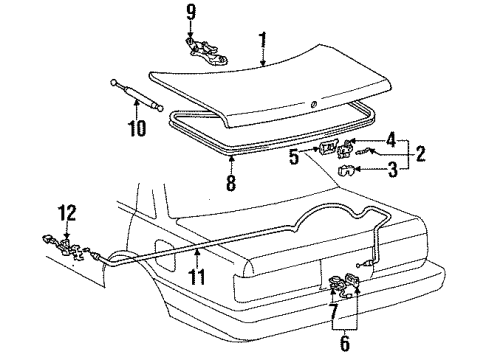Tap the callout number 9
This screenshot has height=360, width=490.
pos(191,13)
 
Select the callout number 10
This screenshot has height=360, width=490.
pos(137,128)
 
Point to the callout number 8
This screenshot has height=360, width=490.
pos(231,182)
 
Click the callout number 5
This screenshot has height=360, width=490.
pos(294,156)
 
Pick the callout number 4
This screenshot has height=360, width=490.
pos(391,140)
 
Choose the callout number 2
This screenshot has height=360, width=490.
pos(420,153)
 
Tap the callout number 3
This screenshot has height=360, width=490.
pos(393,170)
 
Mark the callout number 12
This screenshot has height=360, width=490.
pos(68,213)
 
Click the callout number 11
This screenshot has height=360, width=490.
pos(197,276)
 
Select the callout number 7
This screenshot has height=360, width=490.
pos(334,312)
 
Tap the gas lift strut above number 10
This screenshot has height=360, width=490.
pos(137,95)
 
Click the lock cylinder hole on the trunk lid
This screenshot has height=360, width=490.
pos(313,105)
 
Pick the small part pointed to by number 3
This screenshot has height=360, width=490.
pos(346,170)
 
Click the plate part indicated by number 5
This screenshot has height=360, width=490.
pos(327,148)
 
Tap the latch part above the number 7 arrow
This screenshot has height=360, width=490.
pos(337,282)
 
